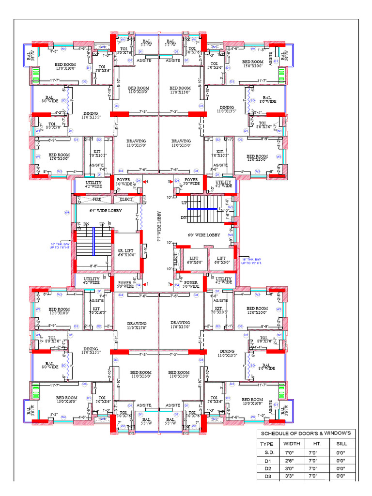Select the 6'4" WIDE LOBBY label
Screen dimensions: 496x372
(x=106, y=211)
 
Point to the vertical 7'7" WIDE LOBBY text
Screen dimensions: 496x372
(x=158, y=226)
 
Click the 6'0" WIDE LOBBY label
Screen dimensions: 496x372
(x=204, y=235)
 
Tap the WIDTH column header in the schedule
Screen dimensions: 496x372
(x=292, y=444)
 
